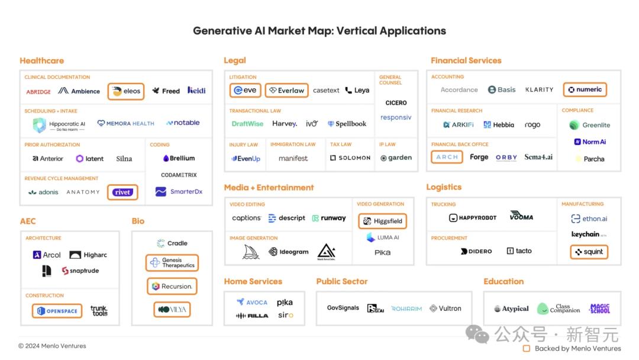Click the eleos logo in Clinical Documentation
(126, 91)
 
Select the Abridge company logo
(38, 92)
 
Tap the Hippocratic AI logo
(60, 125)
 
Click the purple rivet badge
(122, 192)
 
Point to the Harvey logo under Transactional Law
(285, 124)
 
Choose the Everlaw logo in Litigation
(286, 91)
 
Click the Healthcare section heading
(41, 60)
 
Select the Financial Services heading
(466, 60)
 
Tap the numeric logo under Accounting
(585, 90)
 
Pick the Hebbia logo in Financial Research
(499, 125)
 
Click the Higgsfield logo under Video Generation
(382, 221)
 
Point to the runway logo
(329, 218)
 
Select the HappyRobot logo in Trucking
(473, 218)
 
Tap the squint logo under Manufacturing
(589, 252)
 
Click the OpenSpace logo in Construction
(57, 311)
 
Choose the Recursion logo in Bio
(172, 287)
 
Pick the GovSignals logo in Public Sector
(343, 308)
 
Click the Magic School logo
(599, 308)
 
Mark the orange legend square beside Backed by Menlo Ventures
(527, 349)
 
